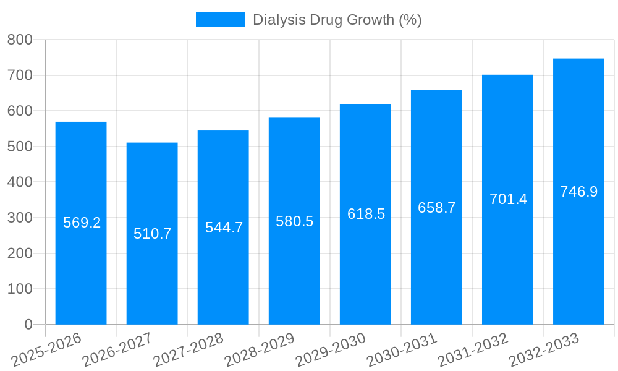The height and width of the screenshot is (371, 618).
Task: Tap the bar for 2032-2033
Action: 578,260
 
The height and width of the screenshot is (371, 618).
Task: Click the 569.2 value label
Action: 82,223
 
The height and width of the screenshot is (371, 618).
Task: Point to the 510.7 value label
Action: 152,234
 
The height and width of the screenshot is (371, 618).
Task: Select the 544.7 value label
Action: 224,228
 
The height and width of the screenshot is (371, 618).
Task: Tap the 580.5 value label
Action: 294,221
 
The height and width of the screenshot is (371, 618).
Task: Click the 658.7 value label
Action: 436,208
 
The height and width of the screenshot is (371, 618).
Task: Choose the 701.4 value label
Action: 508,199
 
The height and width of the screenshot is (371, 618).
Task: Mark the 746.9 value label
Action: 578,192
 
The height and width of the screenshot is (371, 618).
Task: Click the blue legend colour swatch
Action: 220,20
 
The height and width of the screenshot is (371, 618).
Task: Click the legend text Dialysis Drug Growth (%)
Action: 337,20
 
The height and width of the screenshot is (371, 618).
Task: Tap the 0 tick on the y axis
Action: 28,325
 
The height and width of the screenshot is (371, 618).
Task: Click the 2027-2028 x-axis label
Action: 189,350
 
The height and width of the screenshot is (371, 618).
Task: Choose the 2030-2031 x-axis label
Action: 402,350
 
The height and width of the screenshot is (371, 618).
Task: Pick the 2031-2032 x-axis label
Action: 473,350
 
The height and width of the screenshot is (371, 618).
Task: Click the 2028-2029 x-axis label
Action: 260,350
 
